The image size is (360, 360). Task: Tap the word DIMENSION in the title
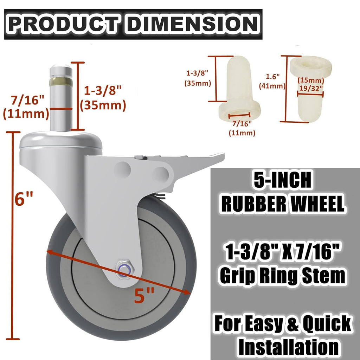tap(192, 24)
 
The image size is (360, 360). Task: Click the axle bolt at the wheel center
tap(126, 269)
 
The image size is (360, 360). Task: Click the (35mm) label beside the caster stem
tap(103, 105)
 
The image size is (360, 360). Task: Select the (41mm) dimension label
tap(271, 85)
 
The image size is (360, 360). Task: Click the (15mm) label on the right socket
tap(311, 81)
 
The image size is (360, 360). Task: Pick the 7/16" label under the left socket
tap(242, 123)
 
